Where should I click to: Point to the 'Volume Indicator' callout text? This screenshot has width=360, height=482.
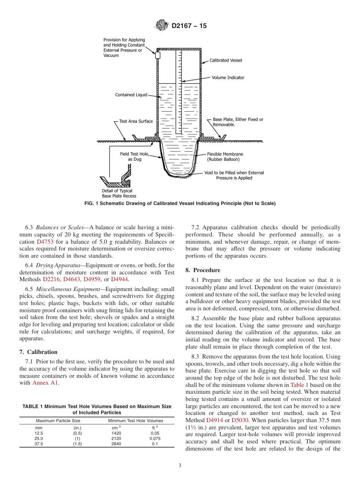[228, 78]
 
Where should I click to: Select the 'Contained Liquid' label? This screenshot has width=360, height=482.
[131, 95]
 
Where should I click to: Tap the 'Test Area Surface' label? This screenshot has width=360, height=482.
[136, 121]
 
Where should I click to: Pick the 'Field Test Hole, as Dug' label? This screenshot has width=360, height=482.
[134, 157]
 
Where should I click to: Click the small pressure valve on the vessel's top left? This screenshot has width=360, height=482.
[158, 55]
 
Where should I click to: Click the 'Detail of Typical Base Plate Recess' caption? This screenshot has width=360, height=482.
[119, 193]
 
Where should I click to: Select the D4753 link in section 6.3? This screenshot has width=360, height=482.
[45, 241]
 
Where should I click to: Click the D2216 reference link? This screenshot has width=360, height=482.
[51, 279]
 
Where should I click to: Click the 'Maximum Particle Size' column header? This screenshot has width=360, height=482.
[58, 421]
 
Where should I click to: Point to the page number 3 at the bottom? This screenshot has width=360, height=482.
[180, 466]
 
